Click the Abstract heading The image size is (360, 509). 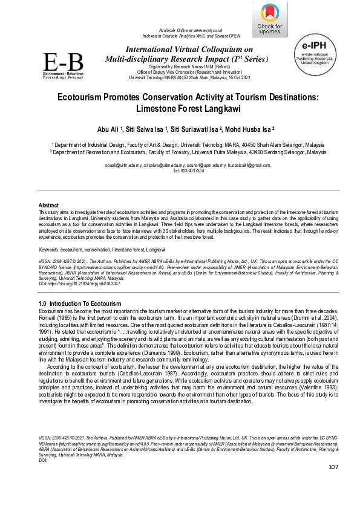[x=48, y=206]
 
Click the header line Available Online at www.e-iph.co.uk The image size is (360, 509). [x=191, y=30]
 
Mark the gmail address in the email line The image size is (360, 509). [x=249, y=164]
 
